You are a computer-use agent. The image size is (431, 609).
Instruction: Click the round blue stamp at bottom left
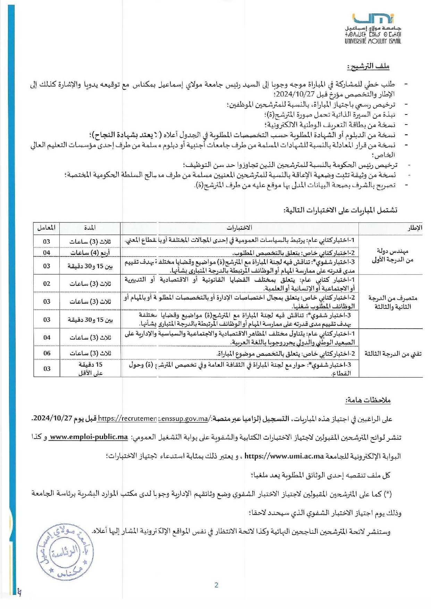65,552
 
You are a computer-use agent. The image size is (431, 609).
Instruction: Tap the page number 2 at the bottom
217,585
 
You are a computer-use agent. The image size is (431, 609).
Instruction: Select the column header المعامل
46,228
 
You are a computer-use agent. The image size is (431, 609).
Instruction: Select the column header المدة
90,228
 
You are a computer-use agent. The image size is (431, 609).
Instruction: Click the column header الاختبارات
239,228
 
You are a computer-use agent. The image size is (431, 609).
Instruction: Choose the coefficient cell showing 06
47,353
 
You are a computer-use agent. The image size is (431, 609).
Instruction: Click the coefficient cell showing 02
47,284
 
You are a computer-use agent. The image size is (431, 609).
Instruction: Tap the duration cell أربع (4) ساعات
90,253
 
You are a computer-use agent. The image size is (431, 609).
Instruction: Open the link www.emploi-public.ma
88,437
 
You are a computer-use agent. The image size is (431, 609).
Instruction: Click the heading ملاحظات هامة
368,400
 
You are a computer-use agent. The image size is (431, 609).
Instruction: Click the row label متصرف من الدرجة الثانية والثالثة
392,302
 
